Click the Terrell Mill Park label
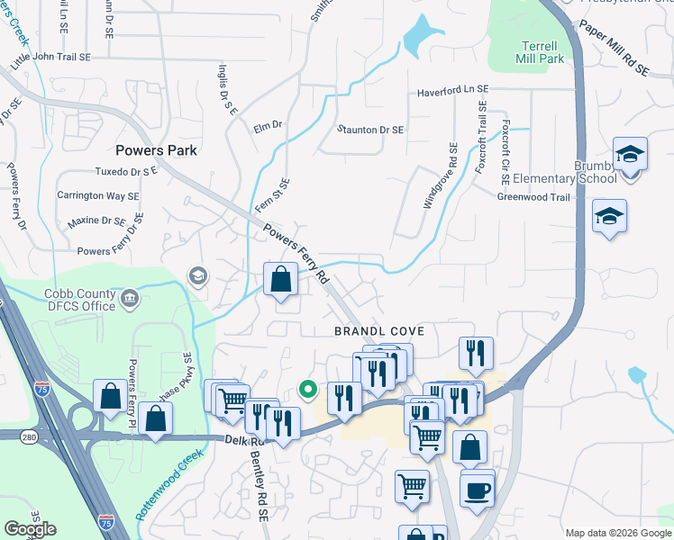pyautogui.click(x=540, y=52)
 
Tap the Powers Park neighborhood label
pyautogui.click(x=156, y=150)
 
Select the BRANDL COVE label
pyautogui.click(x=378, y=331)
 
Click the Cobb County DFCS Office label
pyautogui.click(x=80, y=300)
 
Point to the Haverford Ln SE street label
pyautogui.click(x=452, y=92)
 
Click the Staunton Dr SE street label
pyautogui.click(x=369, y=130)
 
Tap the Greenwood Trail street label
pyautogui.click(x=534, y=197)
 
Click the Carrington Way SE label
pyautogui.click(x=98, y=195)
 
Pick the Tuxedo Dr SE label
pyautogui.click(x=126, y=171)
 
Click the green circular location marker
pyautogui.click(x=307, y=390)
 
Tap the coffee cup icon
pyautogui.click(x=478, y=491)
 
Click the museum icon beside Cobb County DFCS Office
pyautogui.click(x=129, y=298)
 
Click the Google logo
pyautogui.click(x=30, y=529)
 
